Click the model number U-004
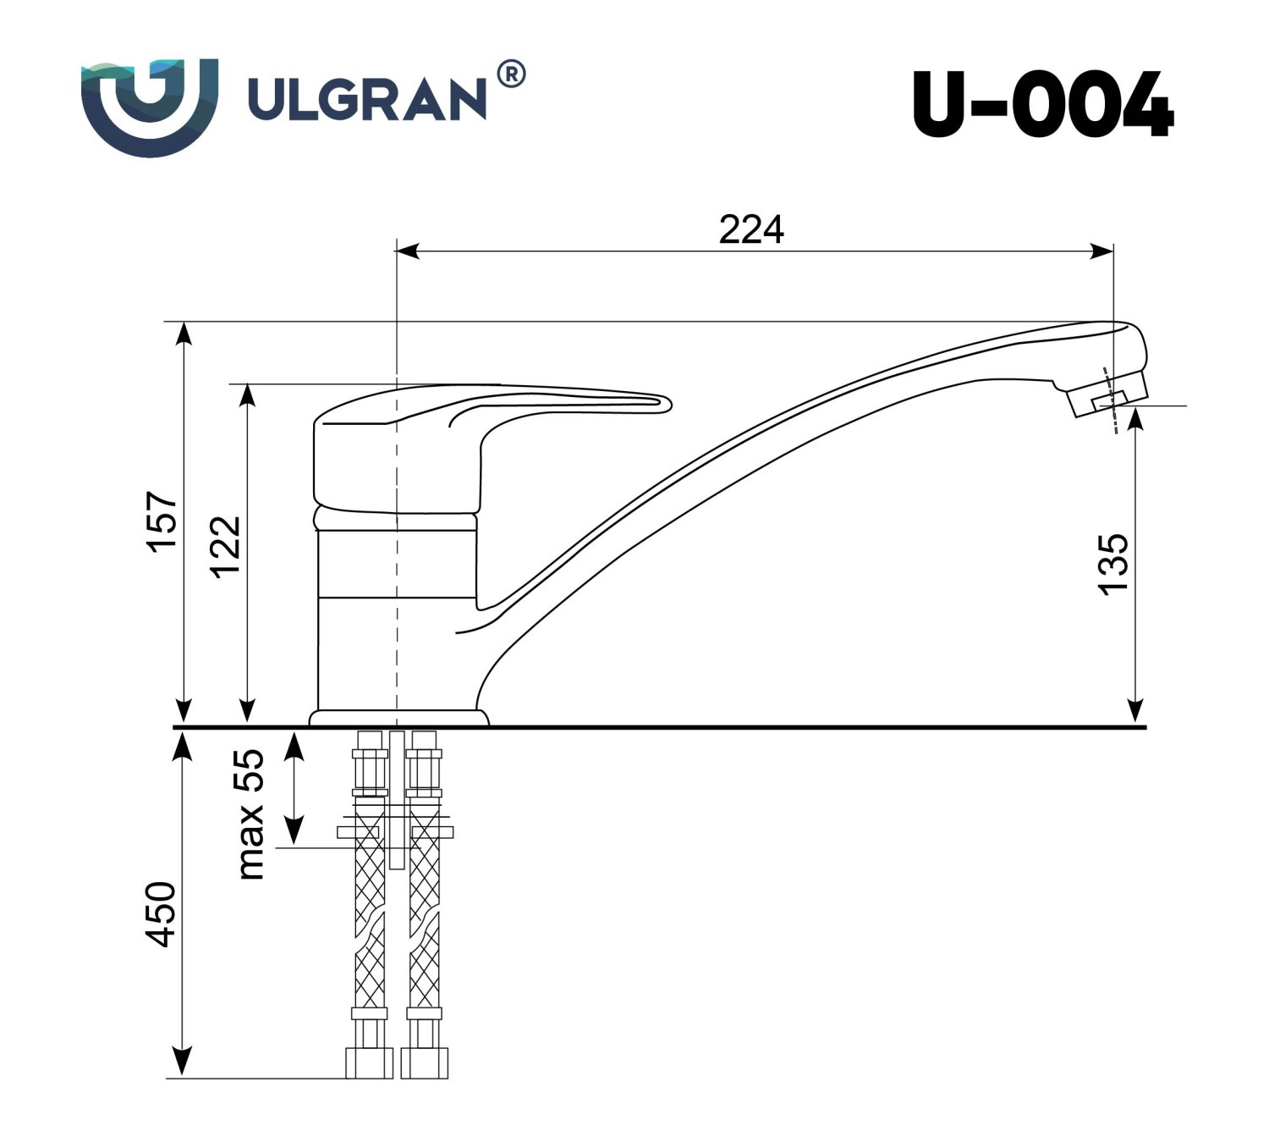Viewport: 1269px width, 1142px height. [x=1042, y=104]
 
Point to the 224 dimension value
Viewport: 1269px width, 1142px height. [x=751, y=229]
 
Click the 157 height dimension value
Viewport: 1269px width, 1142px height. [x=162, y=520]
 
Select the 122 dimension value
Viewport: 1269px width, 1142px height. [x=226, y=546]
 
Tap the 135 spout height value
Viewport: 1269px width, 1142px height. [x=1113, y=564]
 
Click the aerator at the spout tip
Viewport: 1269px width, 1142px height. [x=1109, y=400]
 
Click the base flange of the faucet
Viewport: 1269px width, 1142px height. [x=398, y=718]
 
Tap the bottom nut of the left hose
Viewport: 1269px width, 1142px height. [x=369, y=1063]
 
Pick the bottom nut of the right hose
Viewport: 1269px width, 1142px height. [x=424, y=1063]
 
